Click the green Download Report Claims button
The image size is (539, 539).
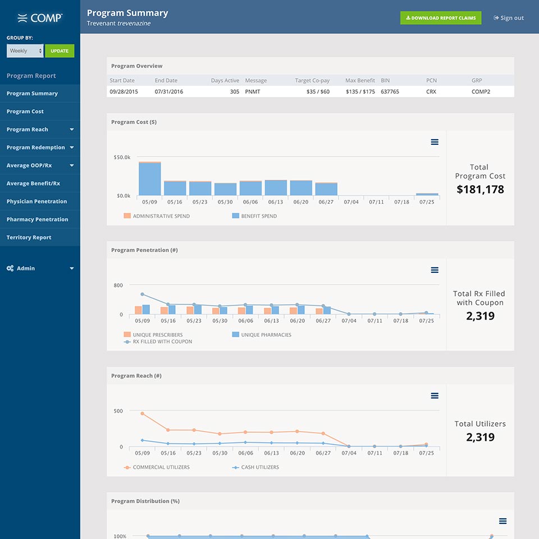[441, 18]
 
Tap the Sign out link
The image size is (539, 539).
[509, 18]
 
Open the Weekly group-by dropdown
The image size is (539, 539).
[25, 51]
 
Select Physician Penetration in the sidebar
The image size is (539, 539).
[37, 202]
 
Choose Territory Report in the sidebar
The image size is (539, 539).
[29, 237]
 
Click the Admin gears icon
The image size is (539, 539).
[10, 268]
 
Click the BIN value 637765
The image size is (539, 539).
[390, 92]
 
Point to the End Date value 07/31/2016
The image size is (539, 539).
[169, 92]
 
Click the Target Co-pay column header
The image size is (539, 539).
[312, 80]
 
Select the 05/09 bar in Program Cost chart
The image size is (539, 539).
[149, 179]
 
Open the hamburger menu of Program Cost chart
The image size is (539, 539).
[435, 142]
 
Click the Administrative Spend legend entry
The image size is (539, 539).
[157, 216]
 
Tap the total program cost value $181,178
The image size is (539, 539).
[480, 189]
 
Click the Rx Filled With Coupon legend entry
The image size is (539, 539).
[158, 342]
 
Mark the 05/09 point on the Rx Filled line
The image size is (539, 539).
[142, 294]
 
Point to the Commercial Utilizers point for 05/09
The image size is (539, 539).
[142, 414]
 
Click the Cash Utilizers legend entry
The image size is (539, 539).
[255, 467]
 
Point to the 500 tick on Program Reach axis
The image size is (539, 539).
[118, 411]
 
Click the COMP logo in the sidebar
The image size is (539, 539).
[40, 18]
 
